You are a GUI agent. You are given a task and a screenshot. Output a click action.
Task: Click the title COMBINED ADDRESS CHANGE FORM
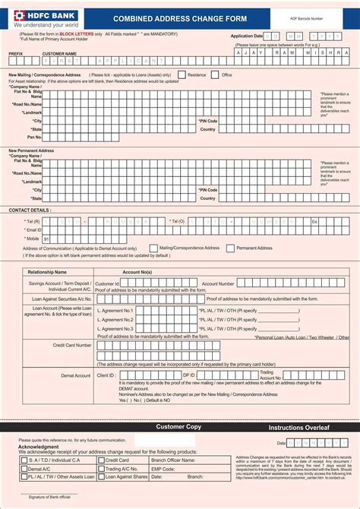tap(180, 17)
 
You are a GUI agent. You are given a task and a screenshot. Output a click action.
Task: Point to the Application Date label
tap(246, 36)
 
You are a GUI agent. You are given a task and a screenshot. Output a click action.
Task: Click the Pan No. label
tap(35, 138)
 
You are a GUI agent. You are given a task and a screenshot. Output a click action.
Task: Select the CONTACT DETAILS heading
tap(30, 210)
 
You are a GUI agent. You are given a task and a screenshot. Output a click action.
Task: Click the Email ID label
tap(33, 229)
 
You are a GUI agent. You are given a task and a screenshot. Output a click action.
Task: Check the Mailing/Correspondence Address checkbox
tap(154, 248)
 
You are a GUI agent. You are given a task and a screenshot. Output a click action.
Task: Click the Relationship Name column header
tap(47, 271)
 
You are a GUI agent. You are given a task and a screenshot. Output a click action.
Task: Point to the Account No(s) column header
tap(137, 271)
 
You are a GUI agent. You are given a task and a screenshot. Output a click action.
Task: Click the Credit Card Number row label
tap(72, 345)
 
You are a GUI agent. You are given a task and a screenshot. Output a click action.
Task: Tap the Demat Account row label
tap(76, 375)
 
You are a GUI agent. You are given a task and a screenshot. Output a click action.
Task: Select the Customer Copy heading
tap(178, 427)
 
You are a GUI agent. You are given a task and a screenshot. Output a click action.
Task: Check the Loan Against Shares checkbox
tap(101, 477)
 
